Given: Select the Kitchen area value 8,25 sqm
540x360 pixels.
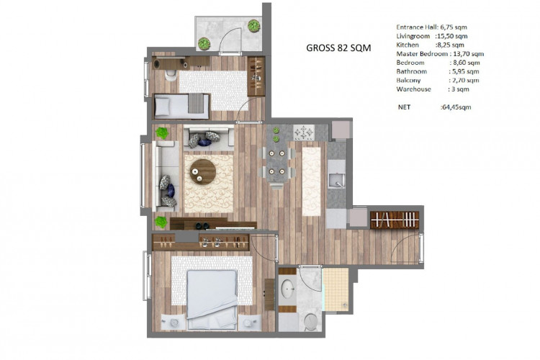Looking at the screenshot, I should coord(451,45).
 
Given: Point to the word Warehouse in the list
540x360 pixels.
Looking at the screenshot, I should coord(413,89).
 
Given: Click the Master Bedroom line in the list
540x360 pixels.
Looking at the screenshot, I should coord(439,53).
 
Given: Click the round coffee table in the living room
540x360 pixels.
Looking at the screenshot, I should coord(203,172).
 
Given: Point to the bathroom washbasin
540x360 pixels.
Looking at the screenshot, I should coord(289,290).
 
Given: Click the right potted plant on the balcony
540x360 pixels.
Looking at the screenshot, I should coord(253,27).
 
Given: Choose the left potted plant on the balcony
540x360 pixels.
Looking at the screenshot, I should coord(204,44).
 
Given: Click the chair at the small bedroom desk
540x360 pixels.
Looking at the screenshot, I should coord(168,75).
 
